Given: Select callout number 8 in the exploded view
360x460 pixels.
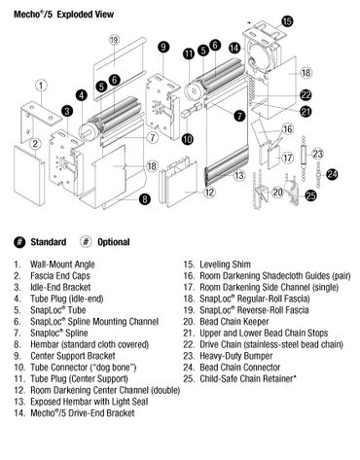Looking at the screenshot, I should (x=144, y=199).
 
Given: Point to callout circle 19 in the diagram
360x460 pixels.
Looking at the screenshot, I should (x=115, y=39).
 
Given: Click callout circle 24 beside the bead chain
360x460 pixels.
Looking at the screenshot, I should (x=333, y=175).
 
